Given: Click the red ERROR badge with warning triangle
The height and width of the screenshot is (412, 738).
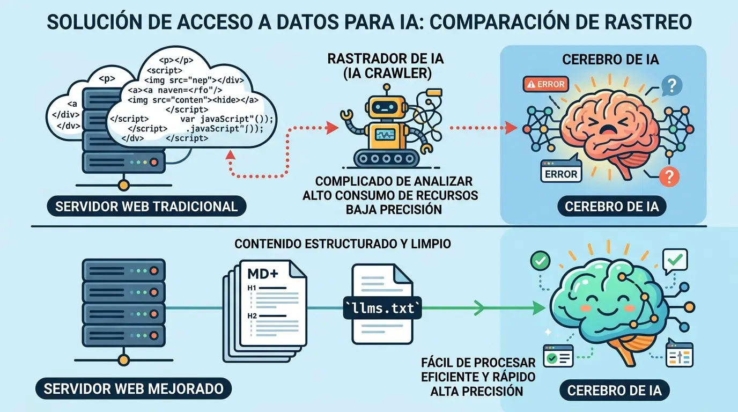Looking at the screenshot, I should tap(546, 84).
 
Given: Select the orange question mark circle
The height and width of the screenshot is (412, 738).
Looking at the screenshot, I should tap(668, 175).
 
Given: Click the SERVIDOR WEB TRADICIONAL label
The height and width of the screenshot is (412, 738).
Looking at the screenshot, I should tap(146, 206).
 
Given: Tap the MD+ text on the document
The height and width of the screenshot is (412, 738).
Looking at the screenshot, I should tap(262, 274).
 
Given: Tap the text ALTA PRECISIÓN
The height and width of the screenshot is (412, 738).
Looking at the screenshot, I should tap(476, 391).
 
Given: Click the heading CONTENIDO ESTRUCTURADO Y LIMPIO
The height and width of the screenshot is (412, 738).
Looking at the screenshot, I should tap(343, 244).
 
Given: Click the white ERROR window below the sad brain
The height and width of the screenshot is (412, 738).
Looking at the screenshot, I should tap(560, 171).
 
